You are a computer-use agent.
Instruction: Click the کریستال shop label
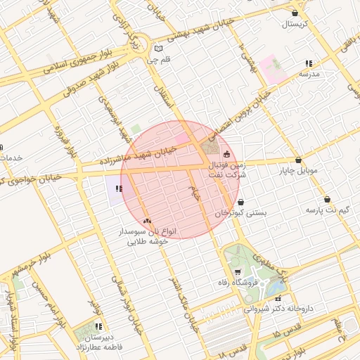pos(300,24)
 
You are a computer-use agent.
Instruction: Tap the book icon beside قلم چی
pos(158,49)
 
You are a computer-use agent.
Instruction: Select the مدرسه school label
pos(309,73)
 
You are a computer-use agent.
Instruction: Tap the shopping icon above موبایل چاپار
pos(300,160)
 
